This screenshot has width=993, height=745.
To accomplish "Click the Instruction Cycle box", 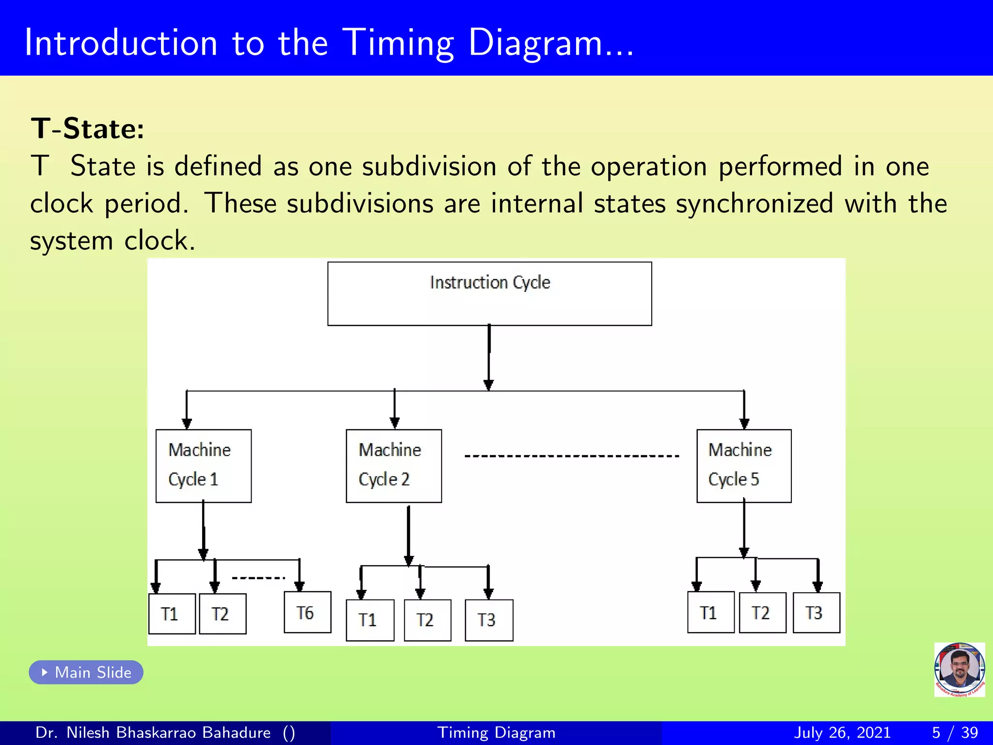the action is pos(489,293).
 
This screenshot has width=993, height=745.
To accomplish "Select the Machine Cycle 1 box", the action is pos(203,466).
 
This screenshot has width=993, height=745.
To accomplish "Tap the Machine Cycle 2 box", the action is pos(394,466).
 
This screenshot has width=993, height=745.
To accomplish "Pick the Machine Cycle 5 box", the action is pos(744,466).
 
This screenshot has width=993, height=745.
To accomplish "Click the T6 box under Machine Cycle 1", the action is pos(307,612).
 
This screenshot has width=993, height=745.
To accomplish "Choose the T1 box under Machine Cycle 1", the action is pos(172,614).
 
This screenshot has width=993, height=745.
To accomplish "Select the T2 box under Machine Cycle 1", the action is pos(223,614).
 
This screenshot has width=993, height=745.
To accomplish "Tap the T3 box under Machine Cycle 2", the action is pos(489,620).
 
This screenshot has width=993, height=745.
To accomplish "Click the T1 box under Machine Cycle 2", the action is pos(370,620).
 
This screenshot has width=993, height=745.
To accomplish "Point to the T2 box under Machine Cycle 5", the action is pos(762,613).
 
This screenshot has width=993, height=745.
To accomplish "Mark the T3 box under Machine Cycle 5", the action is pos(816,613).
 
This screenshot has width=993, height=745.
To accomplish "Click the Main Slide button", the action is pos(86,672).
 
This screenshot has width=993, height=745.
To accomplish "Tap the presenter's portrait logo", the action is pos(959,669).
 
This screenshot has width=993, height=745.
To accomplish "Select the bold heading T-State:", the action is pos(88,129).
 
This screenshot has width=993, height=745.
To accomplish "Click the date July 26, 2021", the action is pos(842,732).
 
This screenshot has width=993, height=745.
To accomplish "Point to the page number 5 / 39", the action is pos(955,732).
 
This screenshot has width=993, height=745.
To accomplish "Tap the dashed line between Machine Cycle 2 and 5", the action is pos(572,456).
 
